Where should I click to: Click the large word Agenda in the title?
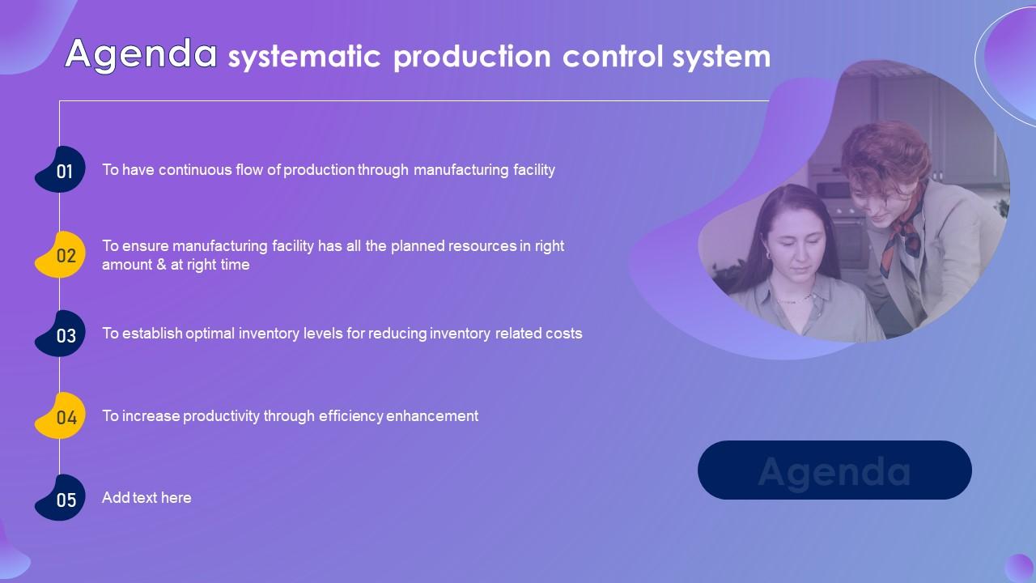click(141, 54)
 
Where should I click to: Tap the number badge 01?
click(63, 171)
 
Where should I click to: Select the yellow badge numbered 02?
click(64, 256)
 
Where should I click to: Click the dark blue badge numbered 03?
click(64, 335)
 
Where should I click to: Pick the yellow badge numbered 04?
click(64, 418)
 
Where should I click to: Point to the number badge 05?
click(64, 500)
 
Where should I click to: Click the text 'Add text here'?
click(146, 498)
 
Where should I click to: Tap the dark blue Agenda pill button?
click(834, 470)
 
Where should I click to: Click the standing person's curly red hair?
click(882, 150)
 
